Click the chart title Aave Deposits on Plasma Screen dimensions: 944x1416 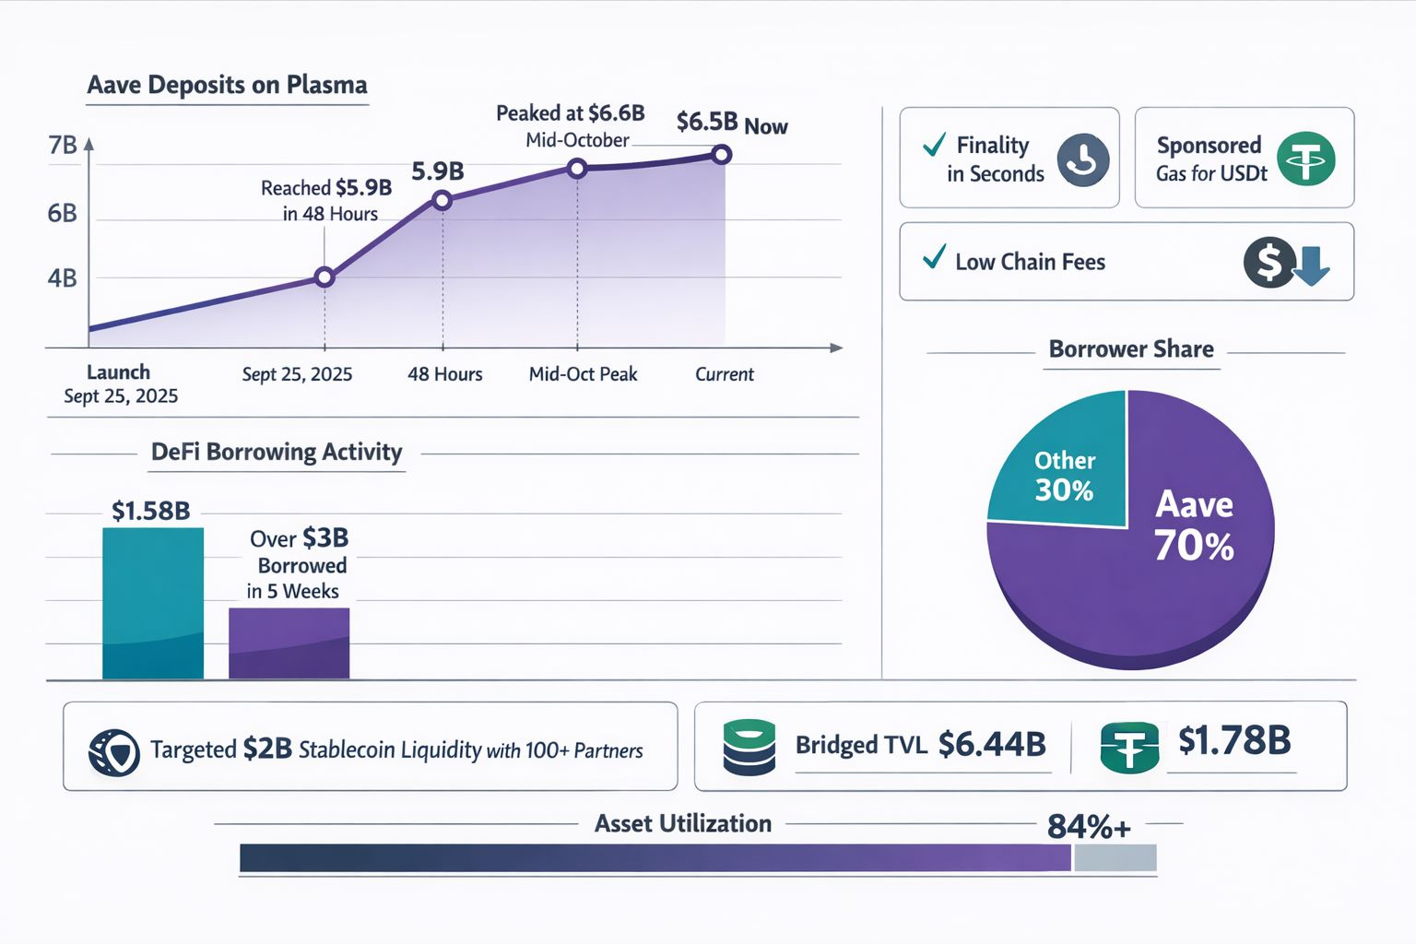pyautogui.click(x=227, y=85)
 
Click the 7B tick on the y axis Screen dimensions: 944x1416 pyautogui.click(x=63, y=146)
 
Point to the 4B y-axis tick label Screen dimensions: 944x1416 pyautogui.click(x=63, y=278)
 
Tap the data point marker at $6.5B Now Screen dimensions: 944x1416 pyautogui.click(x=722, y=155)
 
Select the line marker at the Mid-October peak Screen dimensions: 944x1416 pyautogui.click(x=577, y=169)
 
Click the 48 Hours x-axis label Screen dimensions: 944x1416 pyautogui.click(x=445, y=374)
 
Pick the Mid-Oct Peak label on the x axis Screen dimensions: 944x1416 pyautogui.click(x=583, y=374)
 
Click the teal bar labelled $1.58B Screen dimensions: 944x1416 pyautogui.click(x=153, y=603)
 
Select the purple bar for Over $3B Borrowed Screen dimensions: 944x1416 pyautogui.click(x=289, y=643)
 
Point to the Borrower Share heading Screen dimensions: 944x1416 pyautogui.click(x=1131, y=349)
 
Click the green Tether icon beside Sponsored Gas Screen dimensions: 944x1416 pyautogui.click(x=1305, y=159)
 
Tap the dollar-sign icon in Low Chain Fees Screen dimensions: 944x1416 pyautogui.click(x=1269, y=262)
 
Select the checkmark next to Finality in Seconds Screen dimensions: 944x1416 pyautogui.click(x=934, y=145)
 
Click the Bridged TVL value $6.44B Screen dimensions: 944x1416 pyautogui.click(x=992, y=744)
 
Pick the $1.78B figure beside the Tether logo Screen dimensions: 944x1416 pyautogui.click(x=1234, y=740)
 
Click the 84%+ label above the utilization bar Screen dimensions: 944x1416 pyautogui.click(x=1089, y=827)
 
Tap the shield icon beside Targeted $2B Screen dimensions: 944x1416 pyautogui.click(x=114, y=751)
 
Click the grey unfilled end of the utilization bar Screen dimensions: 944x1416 pyautogui.click(x=1115, y=858)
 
